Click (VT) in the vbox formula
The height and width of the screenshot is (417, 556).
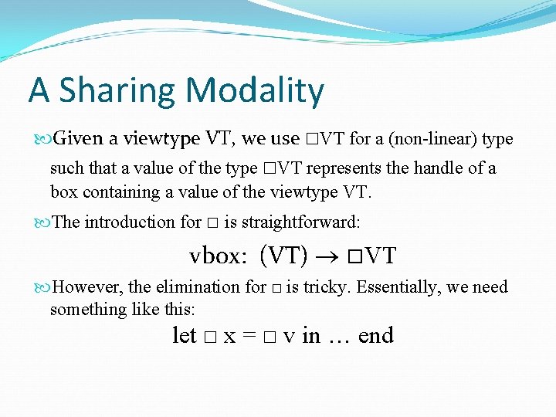pyautogui.click(x=283, y=255)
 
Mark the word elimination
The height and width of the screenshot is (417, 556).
pyautogui.click(x=199, y=287)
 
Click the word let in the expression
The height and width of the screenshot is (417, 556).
pyautogui.click(x=184, y=336)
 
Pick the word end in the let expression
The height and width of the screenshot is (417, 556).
pyautogui.click(x=376, y=336)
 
